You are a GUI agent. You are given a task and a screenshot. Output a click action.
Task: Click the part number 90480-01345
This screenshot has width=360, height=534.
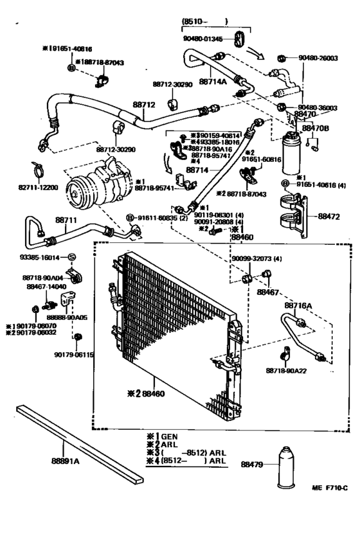pos(203,39)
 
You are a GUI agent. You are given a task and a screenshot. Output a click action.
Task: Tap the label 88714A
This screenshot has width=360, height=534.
pos(213,82)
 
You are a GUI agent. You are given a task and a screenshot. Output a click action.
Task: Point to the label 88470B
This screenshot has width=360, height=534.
pos(316,129)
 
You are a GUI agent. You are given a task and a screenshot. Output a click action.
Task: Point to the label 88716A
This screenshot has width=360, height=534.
pos(298,305)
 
